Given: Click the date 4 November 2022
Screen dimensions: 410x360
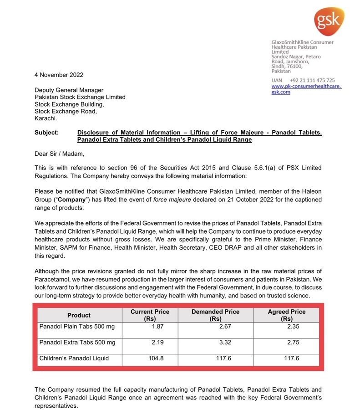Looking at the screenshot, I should tap(59, 75).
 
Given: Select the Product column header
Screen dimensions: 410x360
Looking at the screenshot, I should tap(79, 315).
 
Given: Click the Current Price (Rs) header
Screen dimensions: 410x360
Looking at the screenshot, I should tap(150, 315).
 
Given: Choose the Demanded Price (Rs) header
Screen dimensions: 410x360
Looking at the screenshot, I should tap(215, 315).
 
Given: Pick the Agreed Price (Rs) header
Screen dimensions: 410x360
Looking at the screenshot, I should tap(287, 315).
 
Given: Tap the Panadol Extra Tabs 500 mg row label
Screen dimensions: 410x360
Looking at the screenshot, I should tap(77, 342).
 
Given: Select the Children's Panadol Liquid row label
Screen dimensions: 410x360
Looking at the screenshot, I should tap(74, 358).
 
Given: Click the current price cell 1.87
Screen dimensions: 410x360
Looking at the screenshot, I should tap(157, 327).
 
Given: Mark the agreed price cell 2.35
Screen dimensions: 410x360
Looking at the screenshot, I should tap(294, 327).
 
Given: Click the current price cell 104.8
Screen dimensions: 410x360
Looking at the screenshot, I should tap(156, 358).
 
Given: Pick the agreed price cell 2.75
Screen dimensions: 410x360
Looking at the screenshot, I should tap(294, 342).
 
